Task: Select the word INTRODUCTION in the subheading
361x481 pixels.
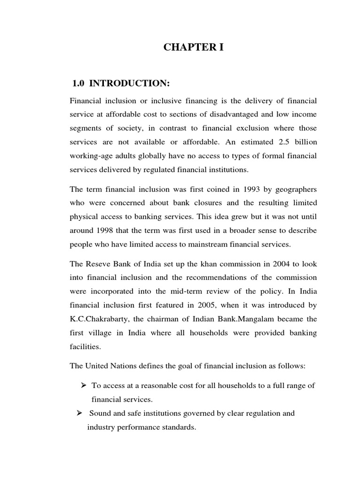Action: click(x=129, y=84)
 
